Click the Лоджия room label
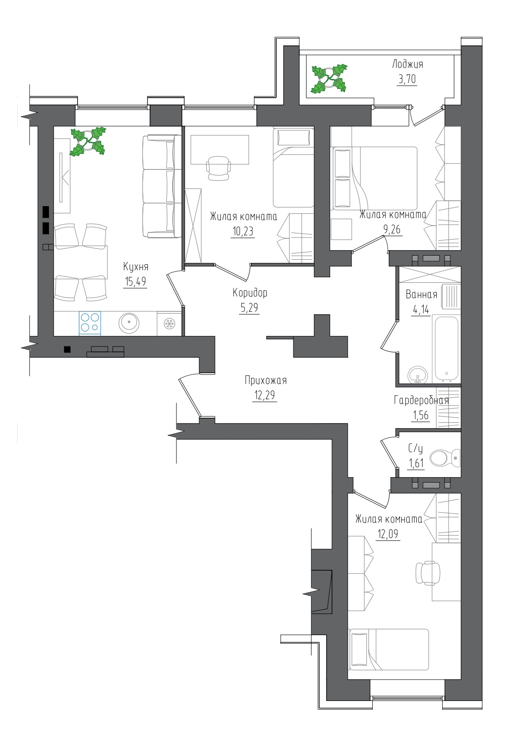(407, 64)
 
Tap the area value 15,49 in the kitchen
(135, 281)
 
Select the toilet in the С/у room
(444, 458)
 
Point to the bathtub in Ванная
(446, 348)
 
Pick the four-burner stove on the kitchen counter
(90, 323)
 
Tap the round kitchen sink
(129, 323)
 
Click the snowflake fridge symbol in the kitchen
(169, 323)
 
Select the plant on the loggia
(329, 78)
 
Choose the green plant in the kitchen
(88, 141)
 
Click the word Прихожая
(265, 380)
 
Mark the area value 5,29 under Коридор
(249, 308)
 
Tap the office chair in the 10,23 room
(218, 168)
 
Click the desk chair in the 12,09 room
(428, 572)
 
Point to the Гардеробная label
(421, 400)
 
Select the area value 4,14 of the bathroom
(421, 309)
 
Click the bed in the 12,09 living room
(389, 649)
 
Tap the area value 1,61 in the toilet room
(416, 463)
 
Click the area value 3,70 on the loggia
(407, 79)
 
